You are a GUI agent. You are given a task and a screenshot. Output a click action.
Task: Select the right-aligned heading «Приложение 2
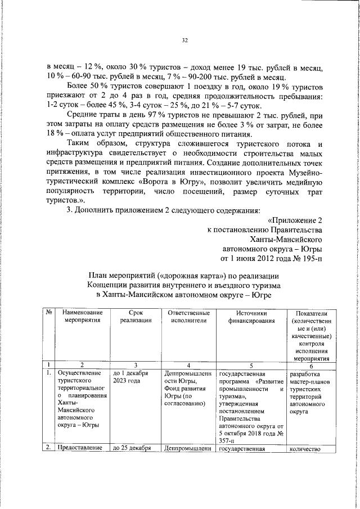pyautogui.click(x=295, y=220)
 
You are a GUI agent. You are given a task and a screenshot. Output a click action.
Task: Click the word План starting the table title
pyautogui.click(x=99, y=276)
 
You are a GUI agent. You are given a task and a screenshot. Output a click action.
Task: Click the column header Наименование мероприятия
pyautogui.click(x=82, y=316)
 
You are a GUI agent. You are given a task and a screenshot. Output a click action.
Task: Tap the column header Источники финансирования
pyautogui.click(x=251, y=316)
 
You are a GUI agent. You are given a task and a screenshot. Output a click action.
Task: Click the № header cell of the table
pyautogui.click(x=49, y=312)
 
